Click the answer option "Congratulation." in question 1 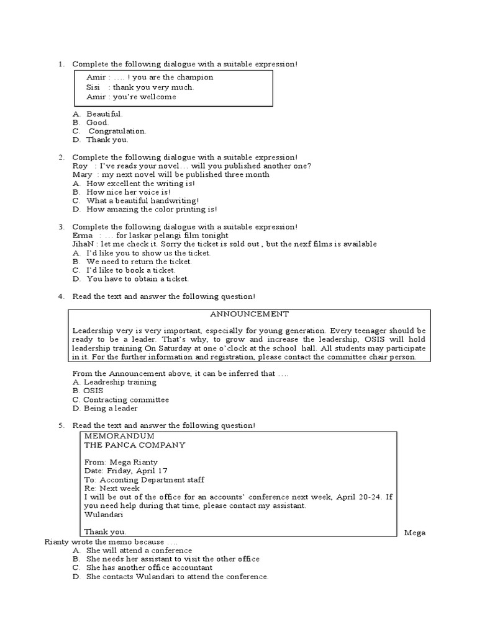click(x=117, y=131)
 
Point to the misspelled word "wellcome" click(x=159, y=97)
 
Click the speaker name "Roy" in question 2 click(x=79, y=166)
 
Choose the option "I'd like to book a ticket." click(x=131, y=270)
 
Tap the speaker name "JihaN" click(x=84, y=244)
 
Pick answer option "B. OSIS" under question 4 click(x=88, y=391)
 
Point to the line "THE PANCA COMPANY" click(x=134, y=445)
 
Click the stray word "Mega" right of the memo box click(x=414, y=533)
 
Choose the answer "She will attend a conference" click(x=139, y=551)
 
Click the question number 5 click(x=61, y=425)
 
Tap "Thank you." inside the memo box click(x=105, y=531)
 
